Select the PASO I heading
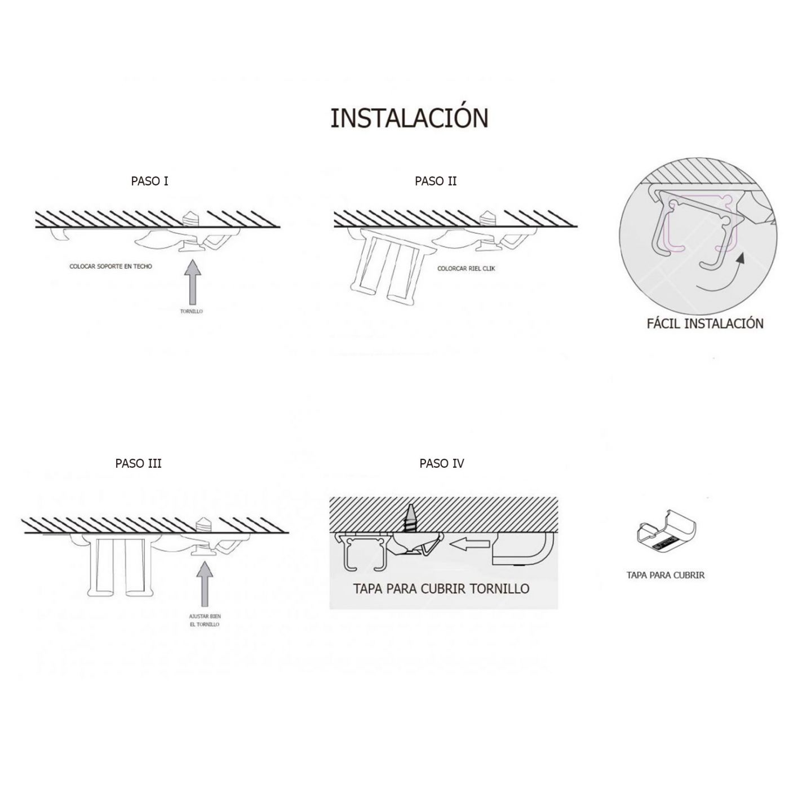point(149,181)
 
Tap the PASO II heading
point(436,181)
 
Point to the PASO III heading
point(139,463)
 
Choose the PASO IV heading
point(442,463)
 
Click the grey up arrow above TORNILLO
point(192,282)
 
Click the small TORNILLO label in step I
point(192,311)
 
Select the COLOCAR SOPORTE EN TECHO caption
point(110,266)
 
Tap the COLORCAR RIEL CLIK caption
point(466,269)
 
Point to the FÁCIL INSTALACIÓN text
point(705,324)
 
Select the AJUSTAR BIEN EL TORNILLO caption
point(205,620)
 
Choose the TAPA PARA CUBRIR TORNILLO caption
point(441,589)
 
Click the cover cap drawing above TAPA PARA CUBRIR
point(666,534)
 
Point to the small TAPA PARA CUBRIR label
point(666,575)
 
